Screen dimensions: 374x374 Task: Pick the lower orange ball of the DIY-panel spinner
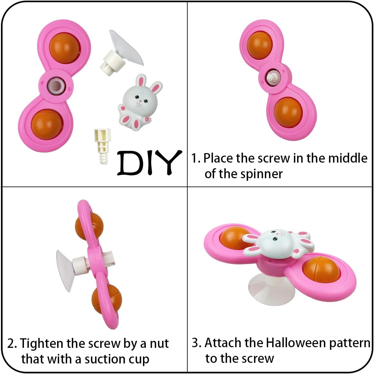click(46, 124)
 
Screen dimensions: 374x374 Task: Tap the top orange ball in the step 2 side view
click(89, 226)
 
